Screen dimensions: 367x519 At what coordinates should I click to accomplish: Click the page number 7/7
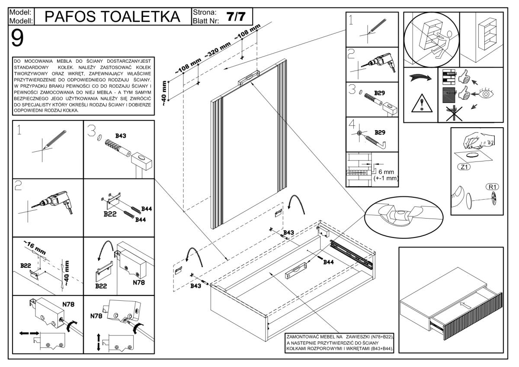(236, 16)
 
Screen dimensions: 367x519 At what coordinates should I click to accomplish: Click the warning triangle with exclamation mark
(420, 105)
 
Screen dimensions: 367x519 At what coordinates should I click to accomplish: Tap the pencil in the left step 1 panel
(54, 139)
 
